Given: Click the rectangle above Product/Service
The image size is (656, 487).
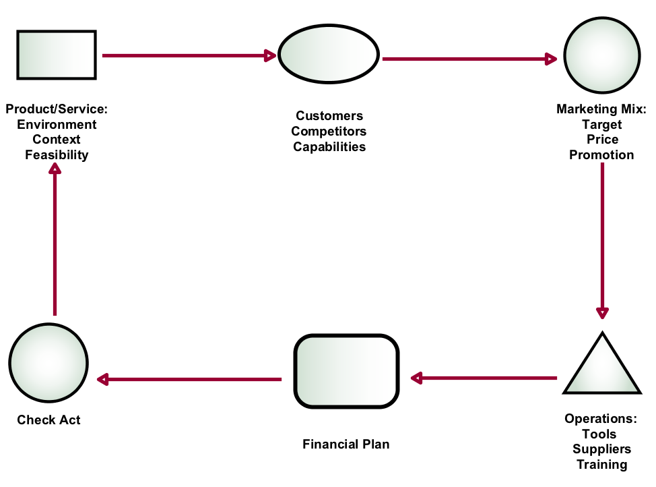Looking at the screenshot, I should [57, 55].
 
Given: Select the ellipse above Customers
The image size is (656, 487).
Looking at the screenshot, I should [329, 55].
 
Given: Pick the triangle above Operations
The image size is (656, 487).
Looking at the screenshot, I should [601, 368].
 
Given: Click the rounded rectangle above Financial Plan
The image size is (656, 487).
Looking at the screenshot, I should [347, 371].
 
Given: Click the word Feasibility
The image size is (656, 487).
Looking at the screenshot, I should [57, 155].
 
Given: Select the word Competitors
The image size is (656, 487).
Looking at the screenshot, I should [329, 132].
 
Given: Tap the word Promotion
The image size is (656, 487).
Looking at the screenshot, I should [601, 155].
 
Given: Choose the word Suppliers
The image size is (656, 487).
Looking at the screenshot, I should [601, 449].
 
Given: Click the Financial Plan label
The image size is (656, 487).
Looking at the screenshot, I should [346, 445].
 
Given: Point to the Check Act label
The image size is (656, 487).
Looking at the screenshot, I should [48, 420].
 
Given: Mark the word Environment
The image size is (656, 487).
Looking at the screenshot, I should [57, 125].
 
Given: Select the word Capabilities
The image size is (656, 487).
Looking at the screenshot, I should [329, 147].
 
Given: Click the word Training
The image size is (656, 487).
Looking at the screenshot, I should [601, 465].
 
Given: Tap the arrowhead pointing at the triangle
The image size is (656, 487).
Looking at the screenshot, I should [602, 313].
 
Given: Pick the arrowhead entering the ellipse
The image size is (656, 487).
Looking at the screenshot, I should [271, 55].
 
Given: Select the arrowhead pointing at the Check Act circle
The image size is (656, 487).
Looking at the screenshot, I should [102, 380].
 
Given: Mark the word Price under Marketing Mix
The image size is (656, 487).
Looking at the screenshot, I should [602, 140].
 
